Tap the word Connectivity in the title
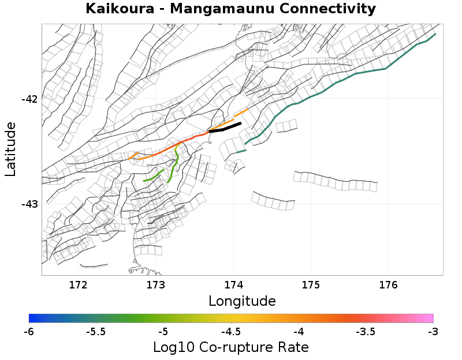327,9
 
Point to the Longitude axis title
242,301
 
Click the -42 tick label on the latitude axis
29,99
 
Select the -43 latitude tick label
29,204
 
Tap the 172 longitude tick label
78,285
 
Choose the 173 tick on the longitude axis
156,285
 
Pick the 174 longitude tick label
233,285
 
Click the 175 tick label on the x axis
311,285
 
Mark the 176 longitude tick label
388,285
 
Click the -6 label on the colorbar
29,332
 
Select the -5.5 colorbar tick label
96,332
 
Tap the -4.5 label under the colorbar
231,332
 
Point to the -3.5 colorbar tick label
366,332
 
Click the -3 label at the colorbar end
433,332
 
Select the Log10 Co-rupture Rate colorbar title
231,347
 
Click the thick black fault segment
225,128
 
